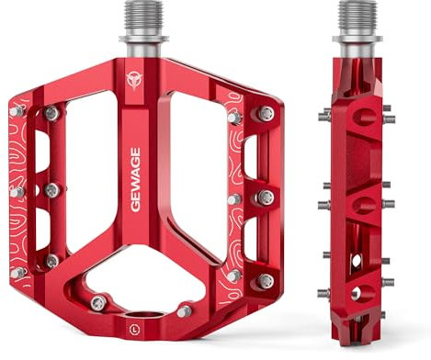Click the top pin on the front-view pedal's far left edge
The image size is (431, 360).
pos(17,111)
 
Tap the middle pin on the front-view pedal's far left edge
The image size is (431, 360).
pos(16,193)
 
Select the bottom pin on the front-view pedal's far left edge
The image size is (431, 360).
pos(17,273)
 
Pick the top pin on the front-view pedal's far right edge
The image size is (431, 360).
pos(266,114)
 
